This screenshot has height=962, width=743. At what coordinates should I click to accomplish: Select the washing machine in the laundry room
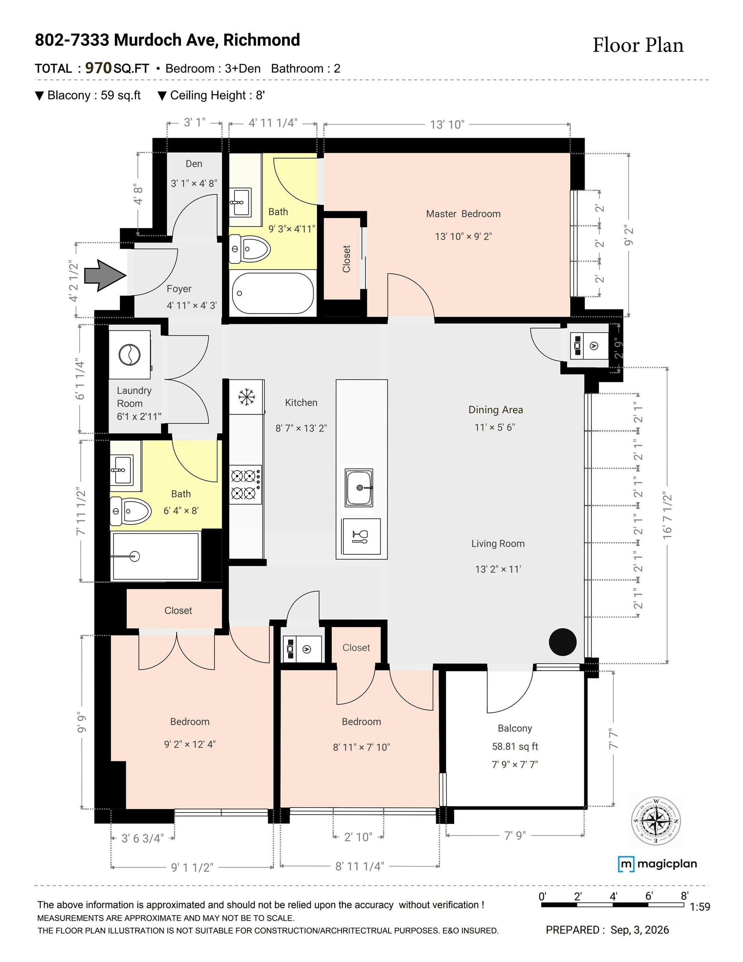[x=129, y=354]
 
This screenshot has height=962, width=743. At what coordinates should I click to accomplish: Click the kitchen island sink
[x=359, y=488]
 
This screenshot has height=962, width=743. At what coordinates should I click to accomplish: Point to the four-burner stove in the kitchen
[x=245, y=484]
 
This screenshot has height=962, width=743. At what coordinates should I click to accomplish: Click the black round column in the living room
[x=562, y=642]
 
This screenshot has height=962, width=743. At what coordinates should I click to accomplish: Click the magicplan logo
[x=657, y=863]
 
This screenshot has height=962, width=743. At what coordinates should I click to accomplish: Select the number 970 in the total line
[x=98, y=68]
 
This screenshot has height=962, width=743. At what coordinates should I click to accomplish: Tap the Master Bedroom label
[x=463, y=214]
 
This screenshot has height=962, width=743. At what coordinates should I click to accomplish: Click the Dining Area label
[x=495, y=410]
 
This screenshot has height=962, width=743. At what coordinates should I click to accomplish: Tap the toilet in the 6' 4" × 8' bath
[x=130, y=511]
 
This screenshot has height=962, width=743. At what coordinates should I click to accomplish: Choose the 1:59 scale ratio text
[x=700, y=906]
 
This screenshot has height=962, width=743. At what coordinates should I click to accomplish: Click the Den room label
[x=194, y=164]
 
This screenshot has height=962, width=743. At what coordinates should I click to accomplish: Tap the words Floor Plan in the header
[x=638, y=46]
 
